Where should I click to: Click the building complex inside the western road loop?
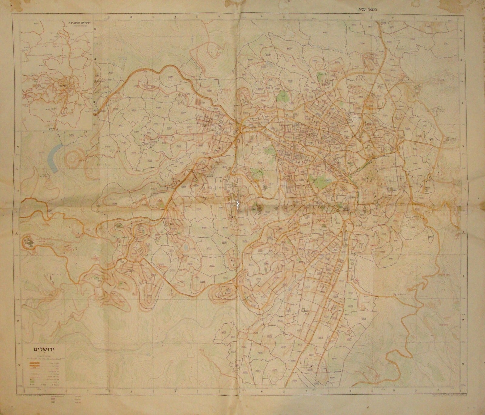(x=29, y=243)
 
